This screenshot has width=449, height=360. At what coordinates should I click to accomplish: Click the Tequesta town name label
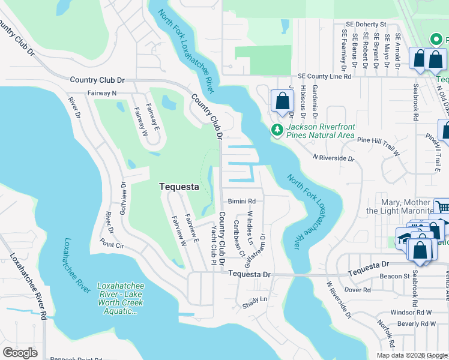click(178, 187)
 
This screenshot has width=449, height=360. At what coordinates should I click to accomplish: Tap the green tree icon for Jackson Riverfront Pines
click(277, 130)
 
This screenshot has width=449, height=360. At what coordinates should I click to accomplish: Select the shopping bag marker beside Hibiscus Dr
click(282, 102)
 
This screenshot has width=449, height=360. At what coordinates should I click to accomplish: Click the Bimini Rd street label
click(242, 201)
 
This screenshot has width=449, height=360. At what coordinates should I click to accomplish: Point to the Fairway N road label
click(102, 93)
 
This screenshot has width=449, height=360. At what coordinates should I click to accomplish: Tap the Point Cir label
click(112, 245)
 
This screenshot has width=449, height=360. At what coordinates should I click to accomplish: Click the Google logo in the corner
click(20, 353)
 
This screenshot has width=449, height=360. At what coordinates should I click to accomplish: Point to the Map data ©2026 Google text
click(411, 355)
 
